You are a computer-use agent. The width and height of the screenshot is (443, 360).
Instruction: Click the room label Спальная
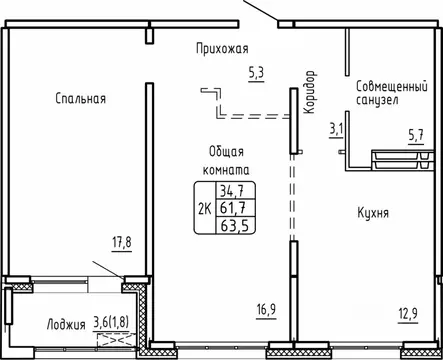coord(81,98)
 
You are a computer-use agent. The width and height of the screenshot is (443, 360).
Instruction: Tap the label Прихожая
coord(221,48)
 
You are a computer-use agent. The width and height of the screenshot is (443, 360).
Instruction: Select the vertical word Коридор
coord(310,93)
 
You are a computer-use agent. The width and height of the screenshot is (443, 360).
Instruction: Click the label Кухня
coord(372,214)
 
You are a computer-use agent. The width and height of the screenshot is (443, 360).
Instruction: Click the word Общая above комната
coord(225,150)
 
